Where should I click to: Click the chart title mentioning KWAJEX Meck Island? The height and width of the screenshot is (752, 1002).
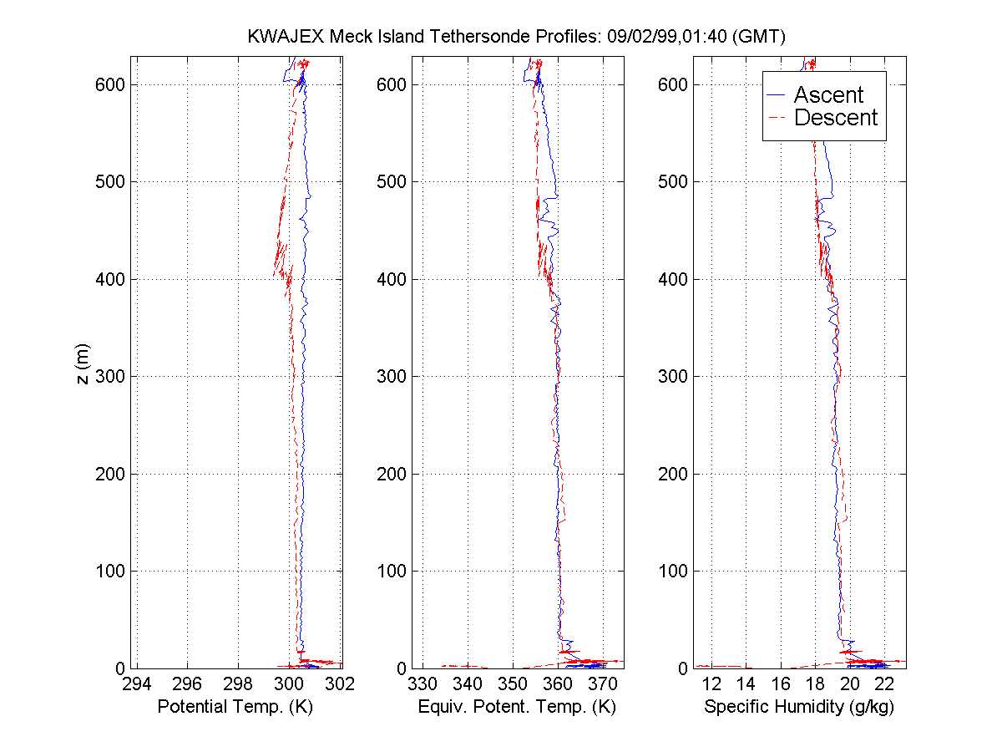(518, 37)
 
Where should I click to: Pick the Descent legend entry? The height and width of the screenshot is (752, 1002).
(836, 118)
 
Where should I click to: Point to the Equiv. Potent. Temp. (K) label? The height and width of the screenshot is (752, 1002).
(517, 707)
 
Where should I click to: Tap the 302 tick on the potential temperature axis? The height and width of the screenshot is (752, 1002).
(341, 683)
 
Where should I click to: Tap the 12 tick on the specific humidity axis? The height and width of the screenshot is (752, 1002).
(711, 683)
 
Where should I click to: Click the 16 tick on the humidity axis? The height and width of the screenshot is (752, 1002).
(781, 683)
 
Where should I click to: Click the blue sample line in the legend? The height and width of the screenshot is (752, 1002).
(776, 95)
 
